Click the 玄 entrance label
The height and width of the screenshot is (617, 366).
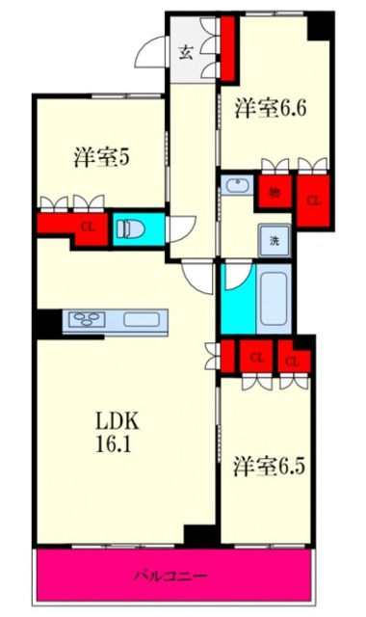pyautogui.click(x=185, y=52)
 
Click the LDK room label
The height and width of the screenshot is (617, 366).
pyautogui.click(x=117, y=421)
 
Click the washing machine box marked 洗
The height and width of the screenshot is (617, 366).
pyautogui.click(x=274, y=240)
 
